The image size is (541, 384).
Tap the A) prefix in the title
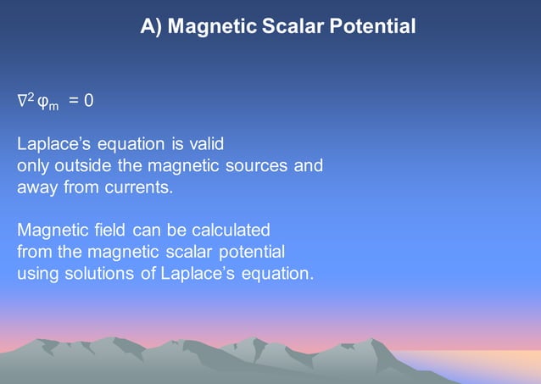tap(151, 27)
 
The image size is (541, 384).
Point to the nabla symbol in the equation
tap(22, 101)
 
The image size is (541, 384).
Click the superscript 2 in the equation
tap(31, 97)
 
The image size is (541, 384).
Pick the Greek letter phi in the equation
tap(42, 102)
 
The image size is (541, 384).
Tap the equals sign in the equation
tap(74, 101)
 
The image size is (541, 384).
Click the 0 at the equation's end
tap(89, 101)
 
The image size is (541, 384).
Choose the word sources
tap(259, 165)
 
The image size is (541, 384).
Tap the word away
tap(38, 187)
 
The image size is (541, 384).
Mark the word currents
tap(141, 187)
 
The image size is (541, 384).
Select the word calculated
tap(230, 231)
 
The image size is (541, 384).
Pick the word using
tap(36, 275)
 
